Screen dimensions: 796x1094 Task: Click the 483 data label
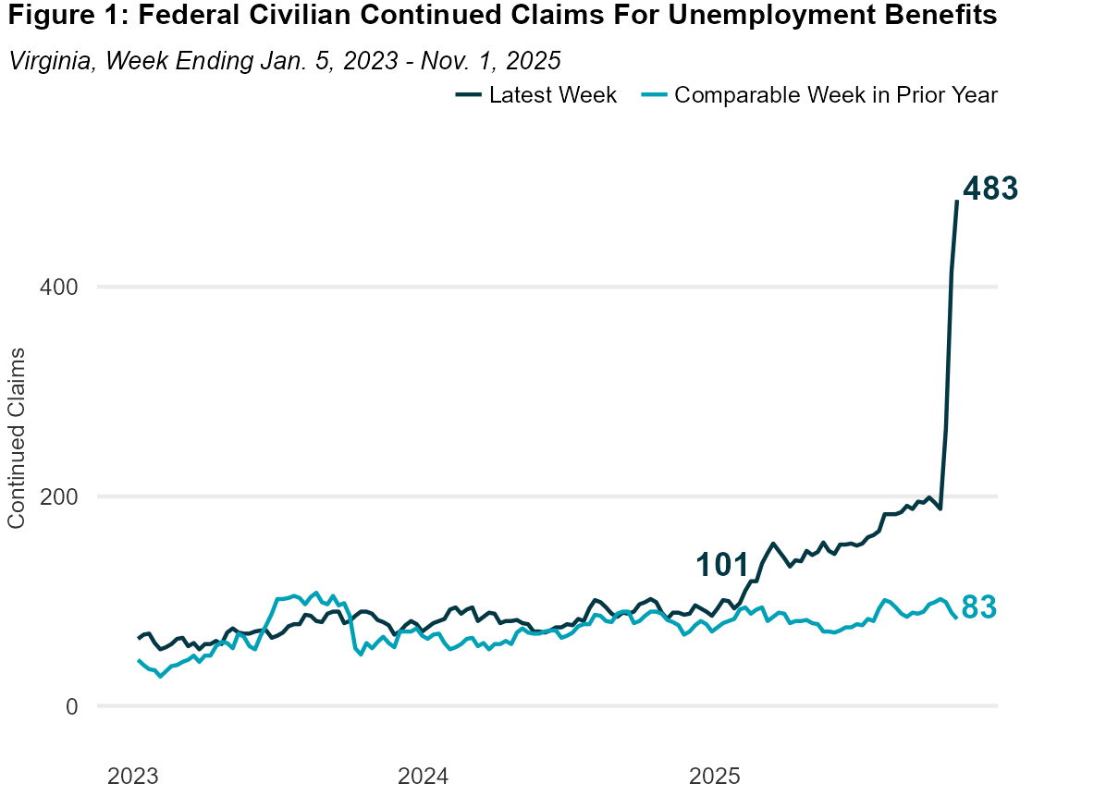click(990, 189)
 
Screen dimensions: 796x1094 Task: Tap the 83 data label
click(978, 607)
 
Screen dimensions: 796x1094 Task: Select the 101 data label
click(721, 565)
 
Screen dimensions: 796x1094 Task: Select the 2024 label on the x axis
click(424, 775)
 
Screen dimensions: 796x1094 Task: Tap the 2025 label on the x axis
click(713, 775)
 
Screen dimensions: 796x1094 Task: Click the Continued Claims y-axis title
click(16, 438)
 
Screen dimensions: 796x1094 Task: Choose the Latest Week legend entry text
click(553, 95)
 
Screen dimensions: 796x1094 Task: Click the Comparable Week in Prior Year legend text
click(836, 95)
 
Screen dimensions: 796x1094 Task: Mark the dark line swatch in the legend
click(468, 95)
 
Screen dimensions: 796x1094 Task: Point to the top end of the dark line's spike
click(957, 201)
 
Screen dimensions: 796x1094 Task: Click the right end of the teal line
click(956, 618)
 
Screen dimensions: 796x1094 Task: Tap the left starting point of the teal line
click(139, 660)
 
